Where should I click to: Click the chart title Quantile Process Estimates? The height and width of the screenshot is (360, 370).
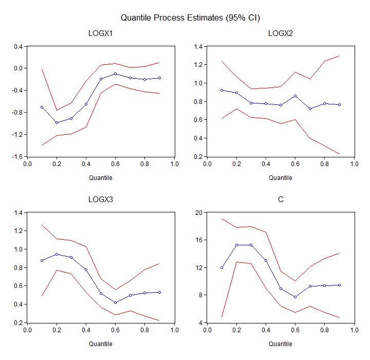(x=190, y=18)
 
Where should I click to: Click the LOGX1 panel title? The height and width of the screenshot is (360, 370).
(x=101, y=34)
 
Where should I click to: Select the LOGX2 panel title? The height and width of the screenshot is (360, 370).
(x=281, y=34)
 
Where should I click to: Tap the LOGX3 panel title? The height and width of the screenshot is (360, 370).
(x=101, y=200)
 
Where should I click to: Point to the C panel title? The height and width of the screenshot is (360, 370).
(x=281, y=200)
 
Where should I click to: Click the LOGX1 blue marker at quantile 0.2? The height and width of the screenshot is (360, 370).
(x=57, y=122)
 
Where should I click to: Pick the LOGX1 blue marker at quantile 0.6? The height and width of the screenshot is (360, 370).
(x=116, y=74)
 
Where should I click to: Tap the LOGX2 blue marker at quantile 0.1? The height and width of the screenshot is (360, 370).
(x=222, y=90)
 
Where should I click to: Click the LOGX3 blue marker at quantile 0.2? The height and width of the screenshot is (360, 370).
(x=57, y=254)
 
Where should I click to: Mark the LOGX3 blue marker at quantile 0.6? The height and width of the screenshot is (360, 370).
(x=116, y=302)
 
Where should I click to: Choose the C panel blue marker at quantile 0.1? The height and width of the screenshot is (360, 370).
(x=222, y=267)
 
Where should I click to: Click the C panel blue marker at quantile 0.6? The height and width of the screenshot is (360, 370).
(x=295, y=297)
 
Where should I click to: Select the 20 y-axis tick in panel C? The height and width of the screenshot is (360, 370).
(x=199, y=212)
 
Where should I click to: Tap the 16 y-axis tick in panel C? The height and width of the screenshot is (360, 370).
(x=199, y=240)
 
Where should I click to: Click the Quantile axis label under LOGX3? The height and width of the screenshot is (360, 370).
(x=101, y=344)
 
